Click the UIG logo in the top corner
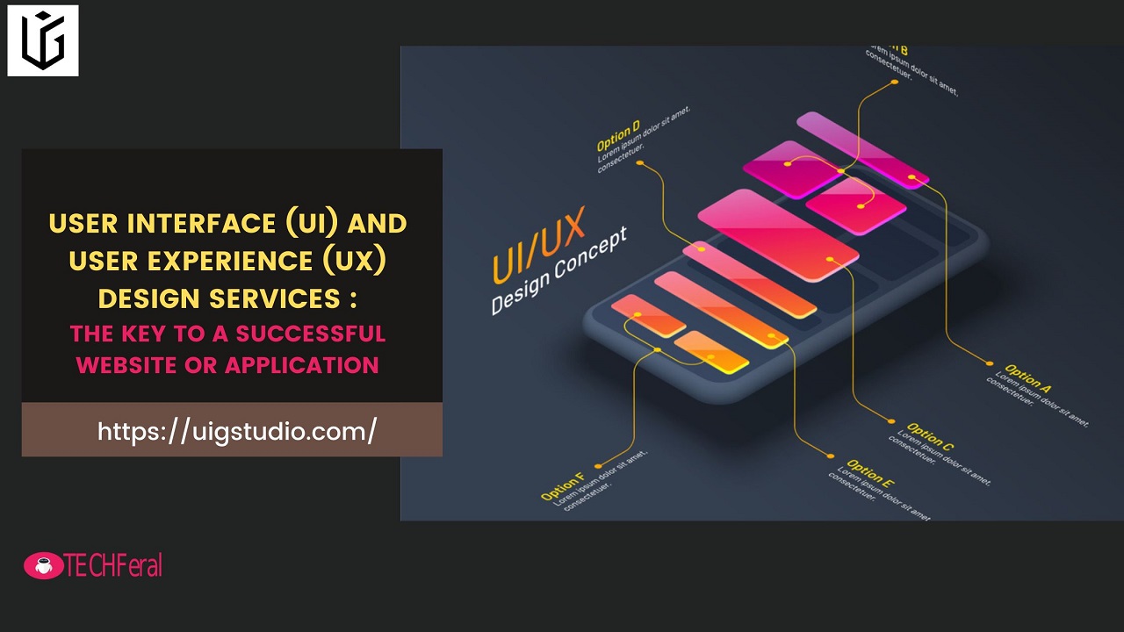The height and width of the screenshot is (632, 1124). coord(43,40)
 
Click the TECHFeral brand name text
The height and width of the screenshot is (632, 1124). coord(113,566)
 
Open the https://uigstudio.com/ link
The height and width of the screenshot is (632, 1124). coord(237,431)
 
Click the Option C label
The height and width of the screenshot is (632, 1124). coord(930,436)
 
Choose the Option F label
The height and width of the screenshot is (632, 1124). coord(562,488)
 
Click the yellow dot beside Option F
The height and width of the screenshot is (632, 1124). coord(598,466)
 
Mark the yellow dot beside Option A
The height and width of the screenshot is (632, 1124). coord(990,363)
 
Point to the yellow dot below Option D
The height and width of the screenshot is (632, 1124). coord(639,162)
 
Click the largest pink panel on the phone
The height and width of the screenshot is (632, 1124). coord(777,233)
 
